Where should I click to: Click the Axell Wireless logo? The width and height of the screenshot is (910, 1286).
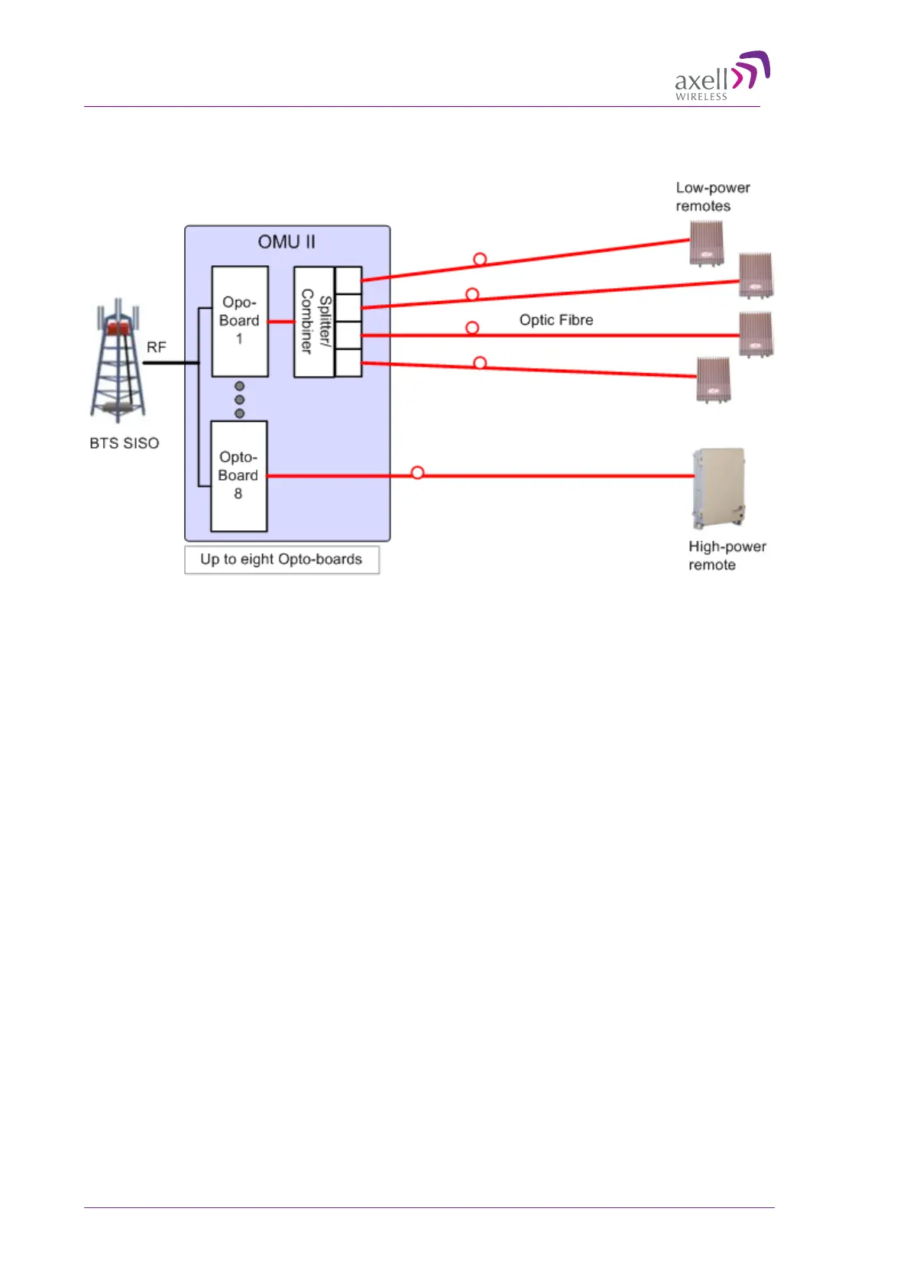click(721, 76)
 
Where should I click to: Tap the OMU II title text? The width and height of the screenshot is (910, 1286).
click(287, 242)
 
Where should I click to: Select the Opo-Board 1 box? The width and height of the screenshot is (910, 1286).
click(240, 321)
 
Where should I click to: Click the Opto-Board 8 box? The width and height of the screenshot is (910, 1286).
click(238, 475)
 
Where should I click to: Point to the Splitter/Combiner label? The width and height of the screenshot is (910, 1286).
click(315, 321)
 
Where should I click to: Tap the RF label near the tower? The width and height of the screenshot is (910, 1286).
click(157, 347)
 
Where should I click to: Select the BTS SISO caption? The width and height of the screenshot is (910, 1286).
click(125, 443)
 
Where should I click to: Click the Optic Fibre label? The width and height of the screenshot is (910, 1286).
click(556, 320)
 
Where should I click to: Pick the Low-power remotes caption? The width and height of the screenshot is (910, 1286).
click(713, 196)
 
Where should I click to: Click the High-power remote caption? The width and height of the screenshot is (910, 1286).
click(727, 556)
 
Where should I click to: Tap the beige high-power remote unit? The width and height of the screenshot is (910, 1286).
click(717, 488)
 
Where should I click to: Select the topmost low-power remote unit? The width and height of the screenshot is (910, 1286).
click(707, 243)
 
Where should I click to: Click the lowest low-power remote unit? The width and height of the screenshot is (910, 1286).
click(713, 379)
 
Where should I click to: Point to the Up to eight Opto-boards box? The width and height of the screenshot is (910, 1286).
click(282, 559)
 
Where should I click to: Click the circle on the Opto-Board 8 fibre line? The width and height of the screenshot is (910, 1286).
click(417, 473)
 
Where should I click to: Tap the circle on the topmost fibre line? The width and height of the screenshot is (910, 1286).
click(480, 260)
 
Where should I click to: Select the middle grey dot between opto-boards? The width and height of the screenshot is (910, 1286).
click(240, 400)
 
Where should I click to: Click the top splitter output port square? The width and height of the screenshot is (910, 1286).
click(348, 280)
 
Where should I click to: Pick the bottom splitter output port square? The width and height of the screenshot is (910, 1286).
click(348, 362)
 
